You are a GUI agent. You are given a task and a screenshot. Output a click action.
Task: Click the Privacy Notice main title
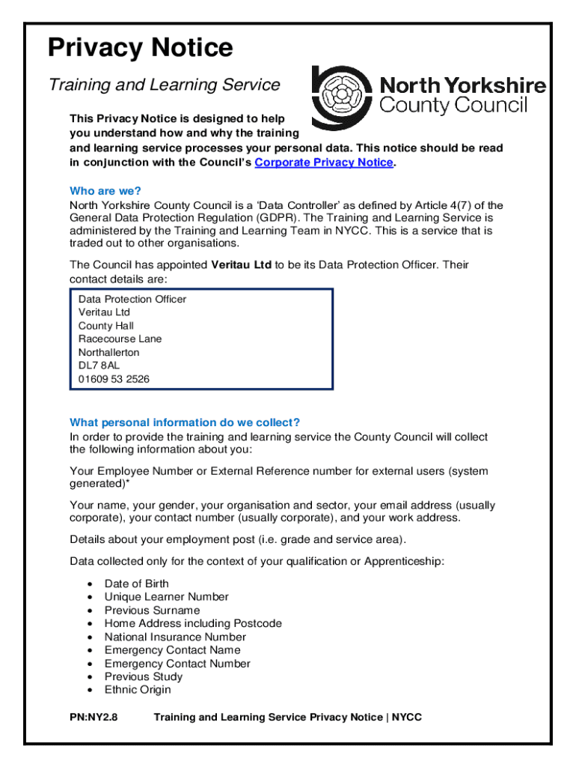[141, 49]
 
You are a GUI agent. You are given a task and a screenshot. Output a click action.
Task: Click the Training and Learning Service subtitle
[164, 85]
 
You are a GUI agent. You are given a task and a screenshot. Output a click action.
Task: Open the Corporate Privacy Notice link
[323, 163]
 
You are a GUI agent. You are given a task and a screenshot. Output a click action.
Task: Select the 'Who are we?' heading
[105, 191]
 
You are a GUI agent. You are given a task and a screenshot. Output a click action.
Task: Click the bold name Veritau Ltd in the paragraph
[242, 265]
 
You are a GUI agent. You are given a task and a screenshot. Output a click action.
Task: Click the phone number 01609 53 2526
[114, 379]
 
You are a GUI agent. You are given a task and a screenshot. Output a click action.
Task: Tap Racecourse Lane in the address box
[120, 339]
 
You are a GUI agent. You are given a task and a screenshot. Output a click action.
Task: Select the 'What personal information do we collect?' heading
[185, 422]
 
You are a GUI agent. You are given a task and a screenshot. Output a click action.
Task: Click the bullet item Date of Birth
[136, 583]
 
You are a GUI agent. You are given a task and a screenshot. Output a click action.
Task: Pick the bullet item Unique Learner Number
[166, 597]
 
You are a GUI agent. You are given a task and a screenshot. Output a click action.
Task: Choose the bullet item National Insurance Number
[175, 637]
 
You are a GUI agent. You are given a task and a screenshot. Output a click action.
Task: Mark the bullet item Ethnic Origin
[137, 690]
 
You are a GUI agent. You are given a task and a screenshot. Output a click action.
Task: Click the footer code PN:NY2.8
[94, 718]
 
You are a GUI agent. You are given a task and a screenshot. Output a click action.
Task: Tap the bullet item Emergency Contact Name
[172, 650]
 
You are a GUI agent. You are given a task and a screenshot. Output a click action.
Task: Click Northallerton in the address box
[108, 352]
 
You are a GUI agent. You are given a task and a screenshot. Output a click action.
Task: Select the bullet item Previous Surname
[152, 610]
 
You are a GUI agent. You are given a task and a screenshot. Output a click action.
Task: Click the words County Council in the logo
[454, 105]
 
